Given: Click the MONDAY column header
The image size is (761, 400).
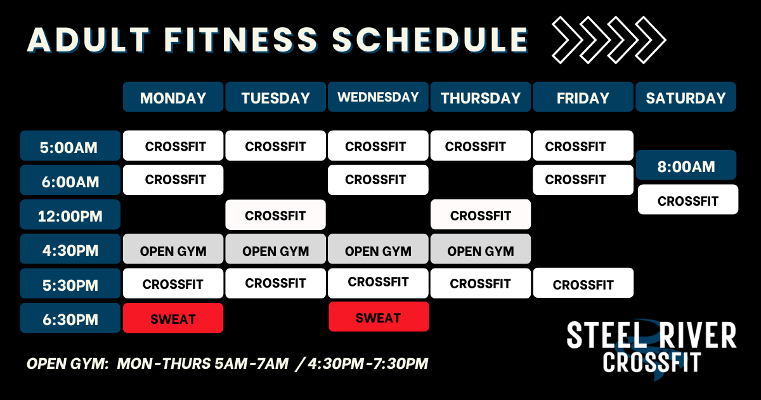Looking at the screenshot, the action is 173,97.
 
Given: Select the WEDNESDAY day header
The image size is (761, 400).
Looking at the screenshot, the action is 378,97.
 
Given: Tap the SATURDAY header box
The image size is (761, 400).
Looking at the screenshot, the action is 686,97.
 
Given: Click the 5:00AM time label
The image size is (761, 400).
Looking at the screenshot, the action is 70,145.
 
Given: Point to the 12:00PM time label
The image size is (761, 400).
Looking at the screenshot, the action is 70,215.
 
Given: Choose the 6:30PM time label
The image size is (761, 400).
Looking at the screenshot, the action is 70,317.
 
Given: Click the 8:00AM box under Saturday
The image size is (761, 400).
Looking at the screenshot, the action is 686,165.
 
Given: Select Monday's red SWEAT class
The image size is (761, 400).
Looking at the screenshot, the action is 173,317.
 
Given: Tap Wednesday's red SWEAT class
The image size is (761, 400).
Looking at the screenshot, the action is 379,317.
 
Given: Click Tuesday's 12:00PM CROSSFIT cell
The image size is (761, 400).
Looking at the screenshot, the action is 275,215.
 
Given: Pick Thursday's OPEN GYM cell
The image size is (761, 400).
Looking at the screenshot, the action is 481,249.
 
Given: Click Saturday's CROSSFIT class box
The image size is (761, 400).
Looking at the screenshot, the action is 688,199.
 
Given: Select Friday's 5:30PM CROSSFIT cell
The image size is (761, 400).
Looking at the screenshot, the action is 583,283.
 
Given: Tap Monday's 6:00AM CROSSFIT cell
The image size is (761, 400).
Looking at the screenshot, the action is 173,180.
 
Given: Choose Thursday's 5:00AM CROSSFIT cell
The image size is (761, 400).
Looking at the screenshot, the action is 481,145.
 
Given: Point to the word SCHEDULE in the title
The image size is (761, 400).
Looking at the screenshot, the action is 431,40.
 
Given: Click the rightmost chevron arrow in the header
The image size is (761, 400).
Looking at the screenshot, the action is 651,40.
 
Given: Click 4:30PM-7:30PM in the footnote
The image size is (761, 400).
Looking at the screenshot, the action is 368,364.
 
